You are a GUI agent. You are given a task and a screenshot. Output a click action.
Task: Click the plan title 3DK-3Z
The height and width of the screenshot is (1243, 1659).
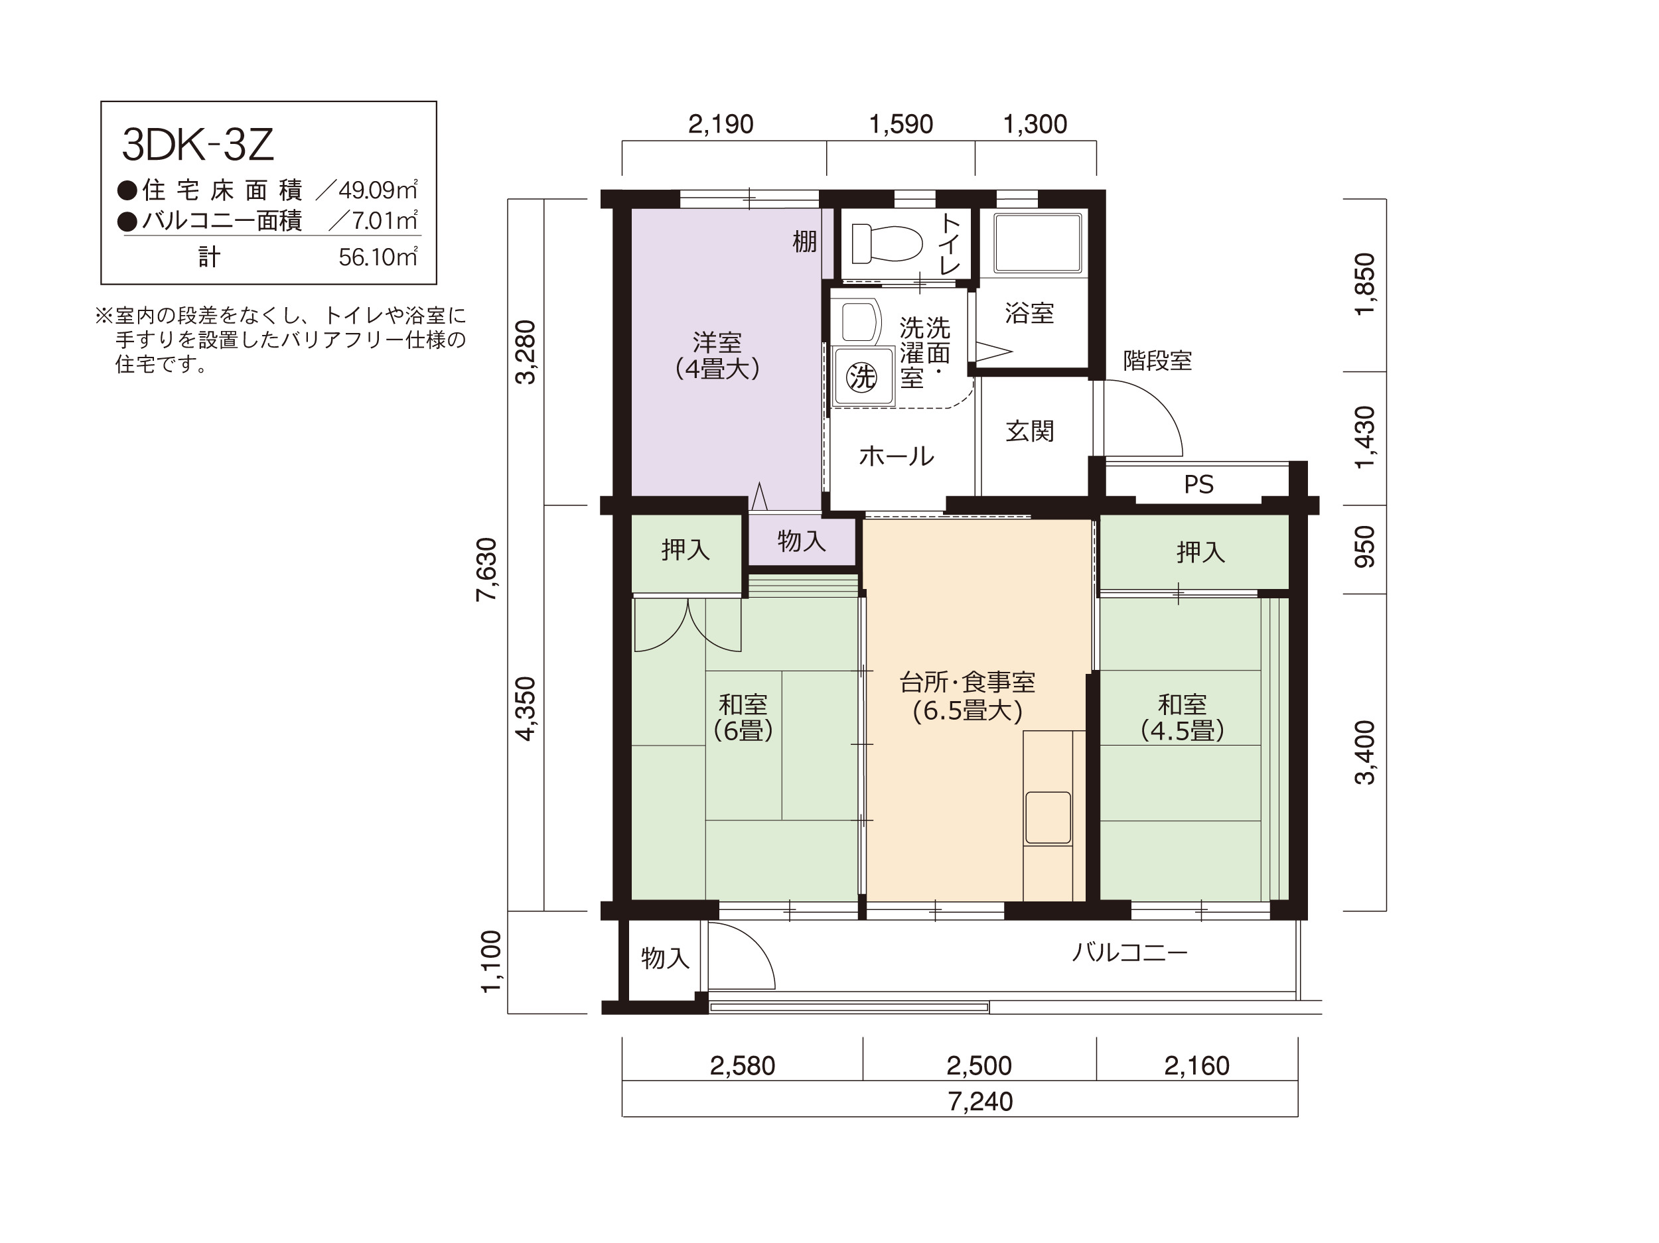coord(198,145)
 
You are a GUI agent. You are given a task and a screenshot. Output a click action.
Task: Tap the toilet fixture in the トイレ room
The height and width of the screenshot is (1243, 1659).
coord(887,243)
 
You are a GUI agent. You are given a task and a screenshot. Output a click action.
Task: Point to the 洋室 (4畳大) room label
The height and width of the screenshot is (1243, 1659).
coord(717,356)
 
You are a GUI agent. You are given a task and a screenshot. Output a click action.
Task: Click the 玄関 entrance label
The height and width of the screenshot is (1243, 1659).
coord(1030,431)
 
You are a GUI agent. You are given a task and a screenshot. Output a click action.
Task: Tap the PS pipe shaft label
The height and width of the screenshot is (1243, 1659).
coord(1198,484)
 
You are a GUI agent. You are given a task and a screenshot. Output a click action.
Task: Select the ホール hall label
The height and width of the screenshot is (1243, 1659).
coord(897,456)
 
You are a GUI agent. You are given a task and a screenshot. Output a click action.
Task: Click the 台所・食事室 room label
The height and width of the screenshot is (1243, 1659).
coord(968,683)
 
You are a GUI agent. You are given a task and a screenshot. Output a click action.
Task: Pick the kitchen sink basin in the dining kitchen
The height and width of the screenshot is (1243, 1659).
coord(1048,818)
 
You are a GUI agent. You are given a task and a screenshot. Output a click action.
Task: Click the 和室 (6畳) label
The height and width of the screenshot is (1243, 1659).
coord(743,717)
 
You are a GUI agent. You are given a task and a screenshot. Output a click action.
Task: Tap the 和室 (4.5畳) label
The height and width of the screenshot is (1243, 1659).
coord(1183,717)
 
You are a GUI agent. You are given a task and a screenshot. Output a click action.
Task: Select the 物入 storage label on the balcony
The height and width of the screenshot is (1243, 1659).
coord(665,957)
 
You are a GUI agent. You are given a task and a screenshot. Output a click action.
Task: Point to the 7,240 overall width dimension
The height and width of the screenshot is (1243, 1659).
coord(980,1101)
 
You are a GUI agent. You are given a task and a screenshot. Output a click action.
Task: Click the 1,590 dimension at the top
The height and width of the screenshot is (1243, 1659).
coord(901,123)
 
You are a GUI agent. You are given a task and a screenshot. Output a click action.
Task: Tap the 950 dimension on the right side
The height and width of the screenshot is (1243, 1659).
coord(1365,547)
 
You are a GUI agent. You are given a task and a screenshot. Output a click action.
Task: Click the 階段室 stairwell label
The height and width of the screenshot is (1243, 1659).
coord(1157,361)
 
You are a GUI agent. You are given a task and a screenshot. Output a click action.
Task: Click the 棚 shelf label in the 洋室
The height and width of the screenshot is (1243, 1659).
coord(805,241)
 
